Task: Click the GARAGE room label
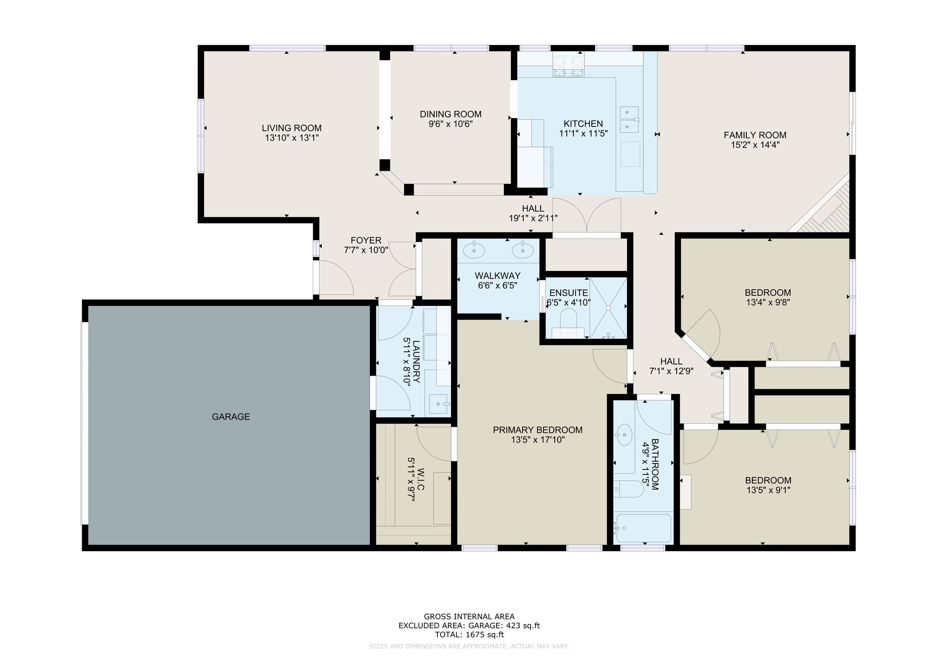click(231, 417)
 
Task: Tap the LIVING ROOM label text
click(292, 128)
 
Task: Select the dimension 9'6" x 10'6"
click(451, 124)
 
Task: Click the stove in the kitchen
click(569, 65)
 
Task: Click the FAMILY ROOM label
click(755, 135)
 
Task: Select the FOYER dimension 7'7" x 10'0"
click(366, 250)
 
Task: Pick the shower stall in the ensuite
click(608, 308)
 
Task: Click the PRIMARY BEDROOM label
click(538, 430)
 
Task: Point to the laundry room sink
click(440, 404)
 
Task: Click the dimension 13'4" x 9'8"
click(768, 302)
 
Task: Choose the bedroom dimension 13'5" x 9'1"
click(768, 490)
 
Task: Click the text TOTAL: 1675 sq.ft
click(469, 635)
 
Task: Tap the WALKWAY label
click(497, 276)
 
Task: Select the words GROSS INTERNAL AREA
click(469, 617)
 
